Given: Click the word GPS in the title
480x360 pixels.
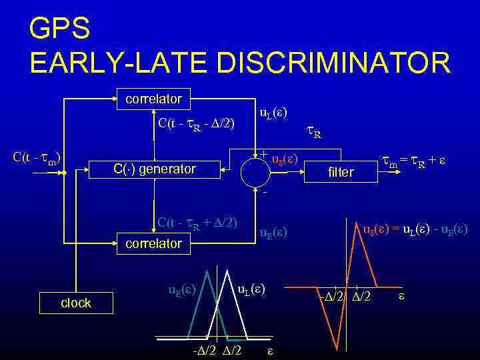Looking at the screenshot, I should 59,30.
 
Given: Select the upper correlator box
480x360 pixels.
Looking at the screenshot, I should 154,99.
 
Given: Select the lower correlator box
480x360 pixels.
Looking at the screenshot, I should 154,243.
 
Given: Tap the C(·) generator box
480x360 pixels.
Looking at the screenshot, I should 154,169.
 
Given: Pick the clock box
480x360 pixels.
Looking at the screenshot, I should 76,303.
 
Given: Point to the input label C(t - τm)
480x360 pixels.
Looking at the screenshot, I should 37,158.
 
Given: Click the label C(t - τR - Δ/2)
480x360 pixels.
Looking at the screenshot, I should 196,123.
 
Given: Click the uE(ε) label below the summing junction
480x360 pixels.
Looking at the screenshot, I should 273,232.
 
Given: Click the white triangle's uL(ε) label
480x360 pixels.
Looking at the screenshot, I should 252,289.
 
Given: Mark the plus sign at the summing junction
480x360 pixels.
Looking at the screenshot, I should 264,155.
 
